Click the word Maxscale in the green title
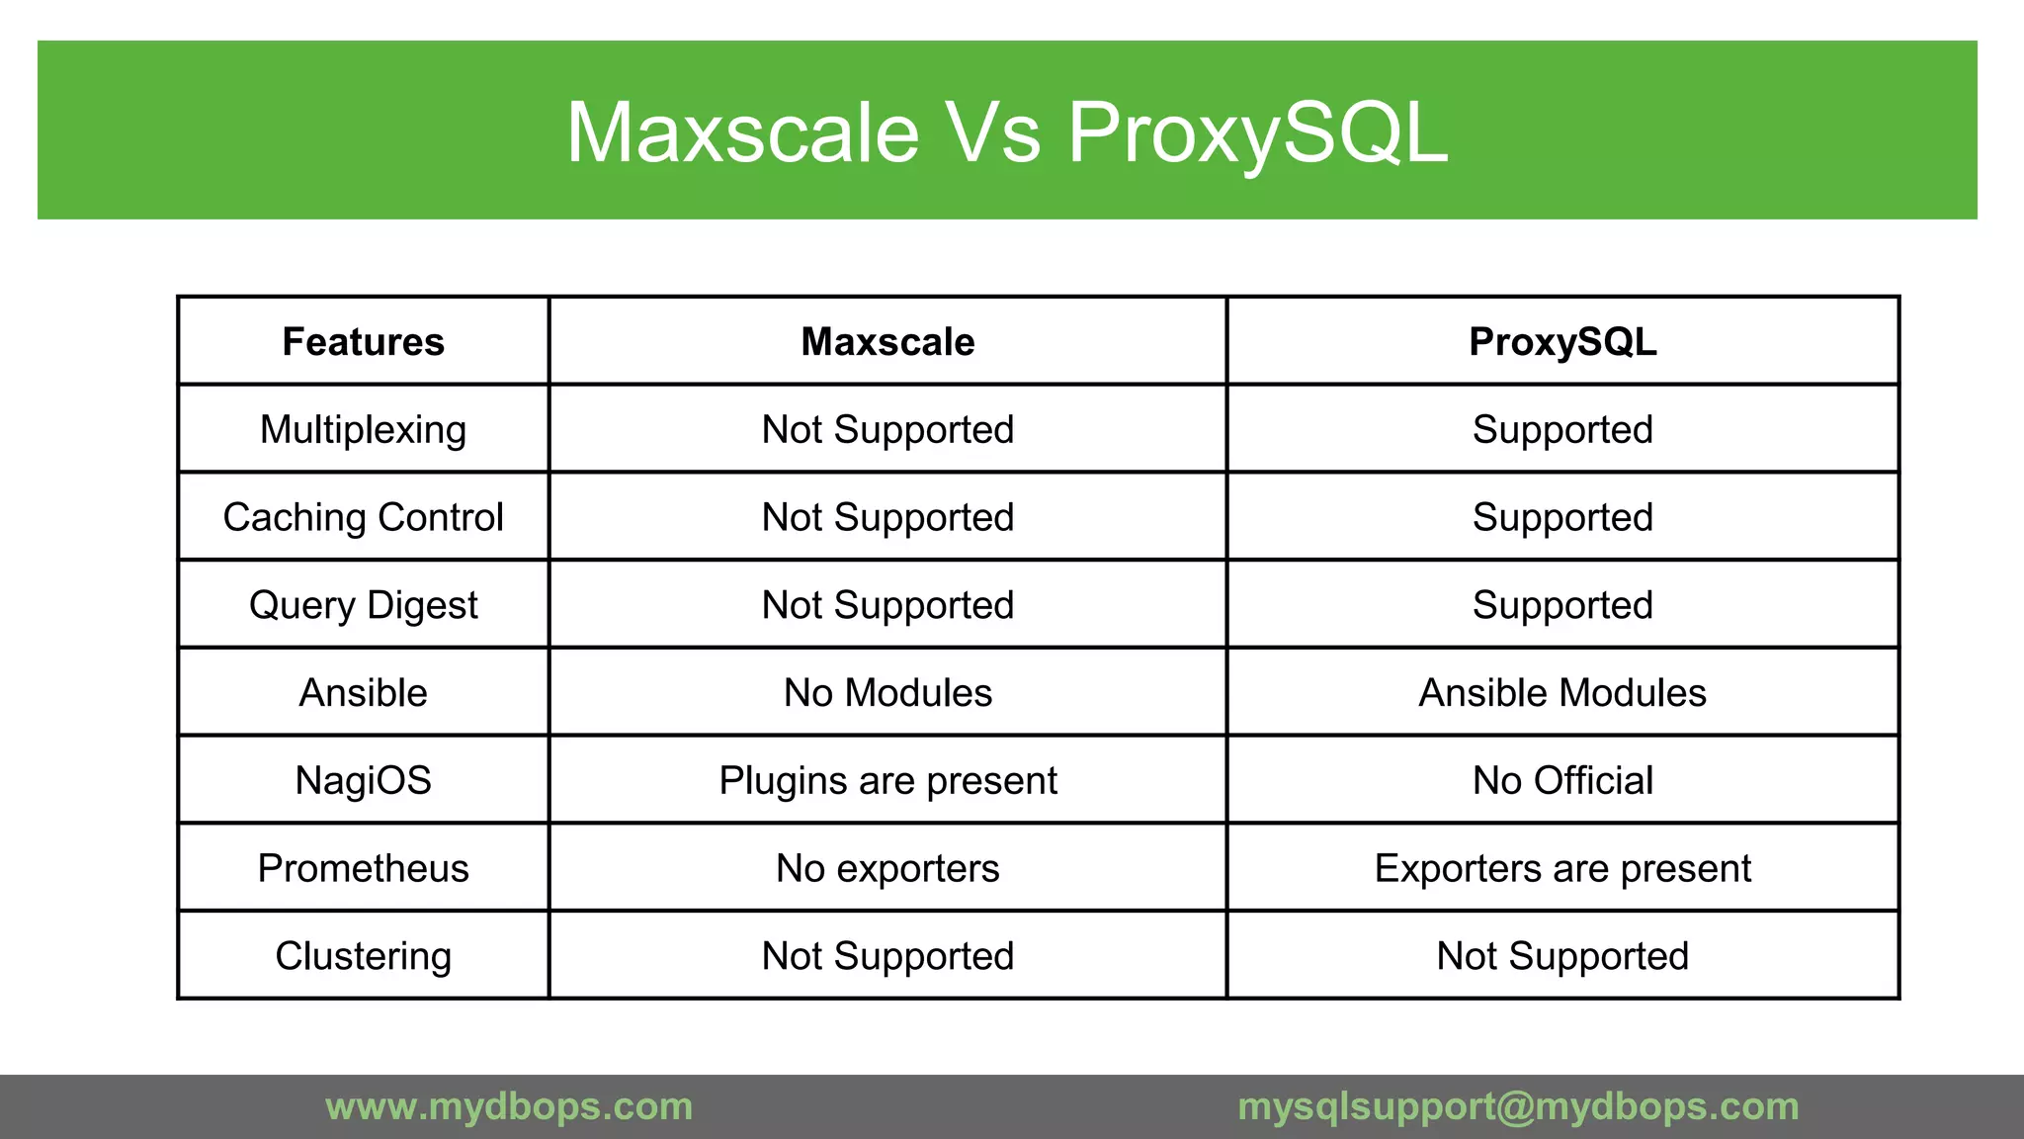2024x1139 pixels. click(x=742, y=132)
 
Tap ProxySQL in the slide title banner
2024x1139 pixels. click(x=1257, y=132)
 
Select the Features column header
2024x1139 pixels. click(x=363, y=342)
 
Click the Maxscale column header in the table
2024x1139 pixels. click(x=887, y=342)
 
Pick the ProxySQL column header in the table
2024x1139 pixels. click(x=1562, y=342)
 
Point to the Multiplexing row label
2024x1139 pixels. click(x=363, y=430)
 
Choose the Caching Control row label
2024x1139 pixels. click(x=363, y=517)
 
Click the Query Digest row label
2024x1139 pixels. click(x=363, y=605)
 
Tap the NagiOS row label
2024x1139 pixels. click(x=363, y=780)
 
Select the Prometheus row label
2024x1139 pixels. click(x=363, y=868)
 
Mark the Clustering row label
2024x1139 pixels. click(x=363, y=956)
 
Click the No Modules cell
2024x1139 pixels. click(x=887, y=693)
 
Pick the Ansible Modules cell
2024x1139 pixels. click(x=1562, y=693)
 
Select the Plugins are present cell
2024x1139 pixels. click(x=887, y=780)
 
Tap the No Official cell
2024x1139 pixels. click(x=1562, y=780)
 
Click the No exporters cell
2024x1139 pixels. click(x=887, y=868)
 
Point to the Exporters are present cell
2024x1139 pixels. click(x=1562, y=868)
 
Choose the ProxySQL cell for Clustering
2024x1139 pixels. click(x=1562, y=956)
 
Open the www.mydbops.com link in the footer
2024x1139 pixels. click(x=509, y=1106)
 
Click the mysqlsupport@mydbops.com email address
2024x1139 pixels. click(x=1518, y=1106)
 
